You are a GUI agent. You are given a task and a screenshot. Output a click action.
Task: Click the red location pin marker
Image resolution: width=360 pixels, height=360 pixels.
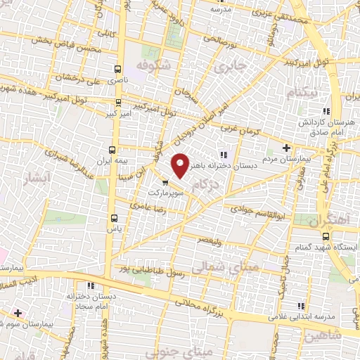click(x=181, y=165)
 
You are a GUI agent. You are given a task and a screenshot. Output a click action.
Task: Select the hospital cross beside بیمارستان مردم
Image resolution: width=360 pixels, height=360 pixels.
click(x=285, y=148)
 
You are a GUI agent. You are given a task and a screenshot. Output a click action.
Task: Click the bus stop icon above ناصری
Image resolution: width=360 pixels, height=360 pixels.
click(x=117, y=69)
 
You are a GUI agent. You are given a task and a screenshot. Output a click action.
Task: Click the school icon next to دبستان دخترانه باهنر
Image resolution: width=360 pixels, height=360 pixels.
click(x=223, y=155)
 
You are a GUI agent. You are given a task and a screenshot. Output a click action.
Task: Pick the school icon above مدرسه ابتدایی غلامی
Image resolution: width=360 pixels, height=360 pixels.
click(x=302, y=306)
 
